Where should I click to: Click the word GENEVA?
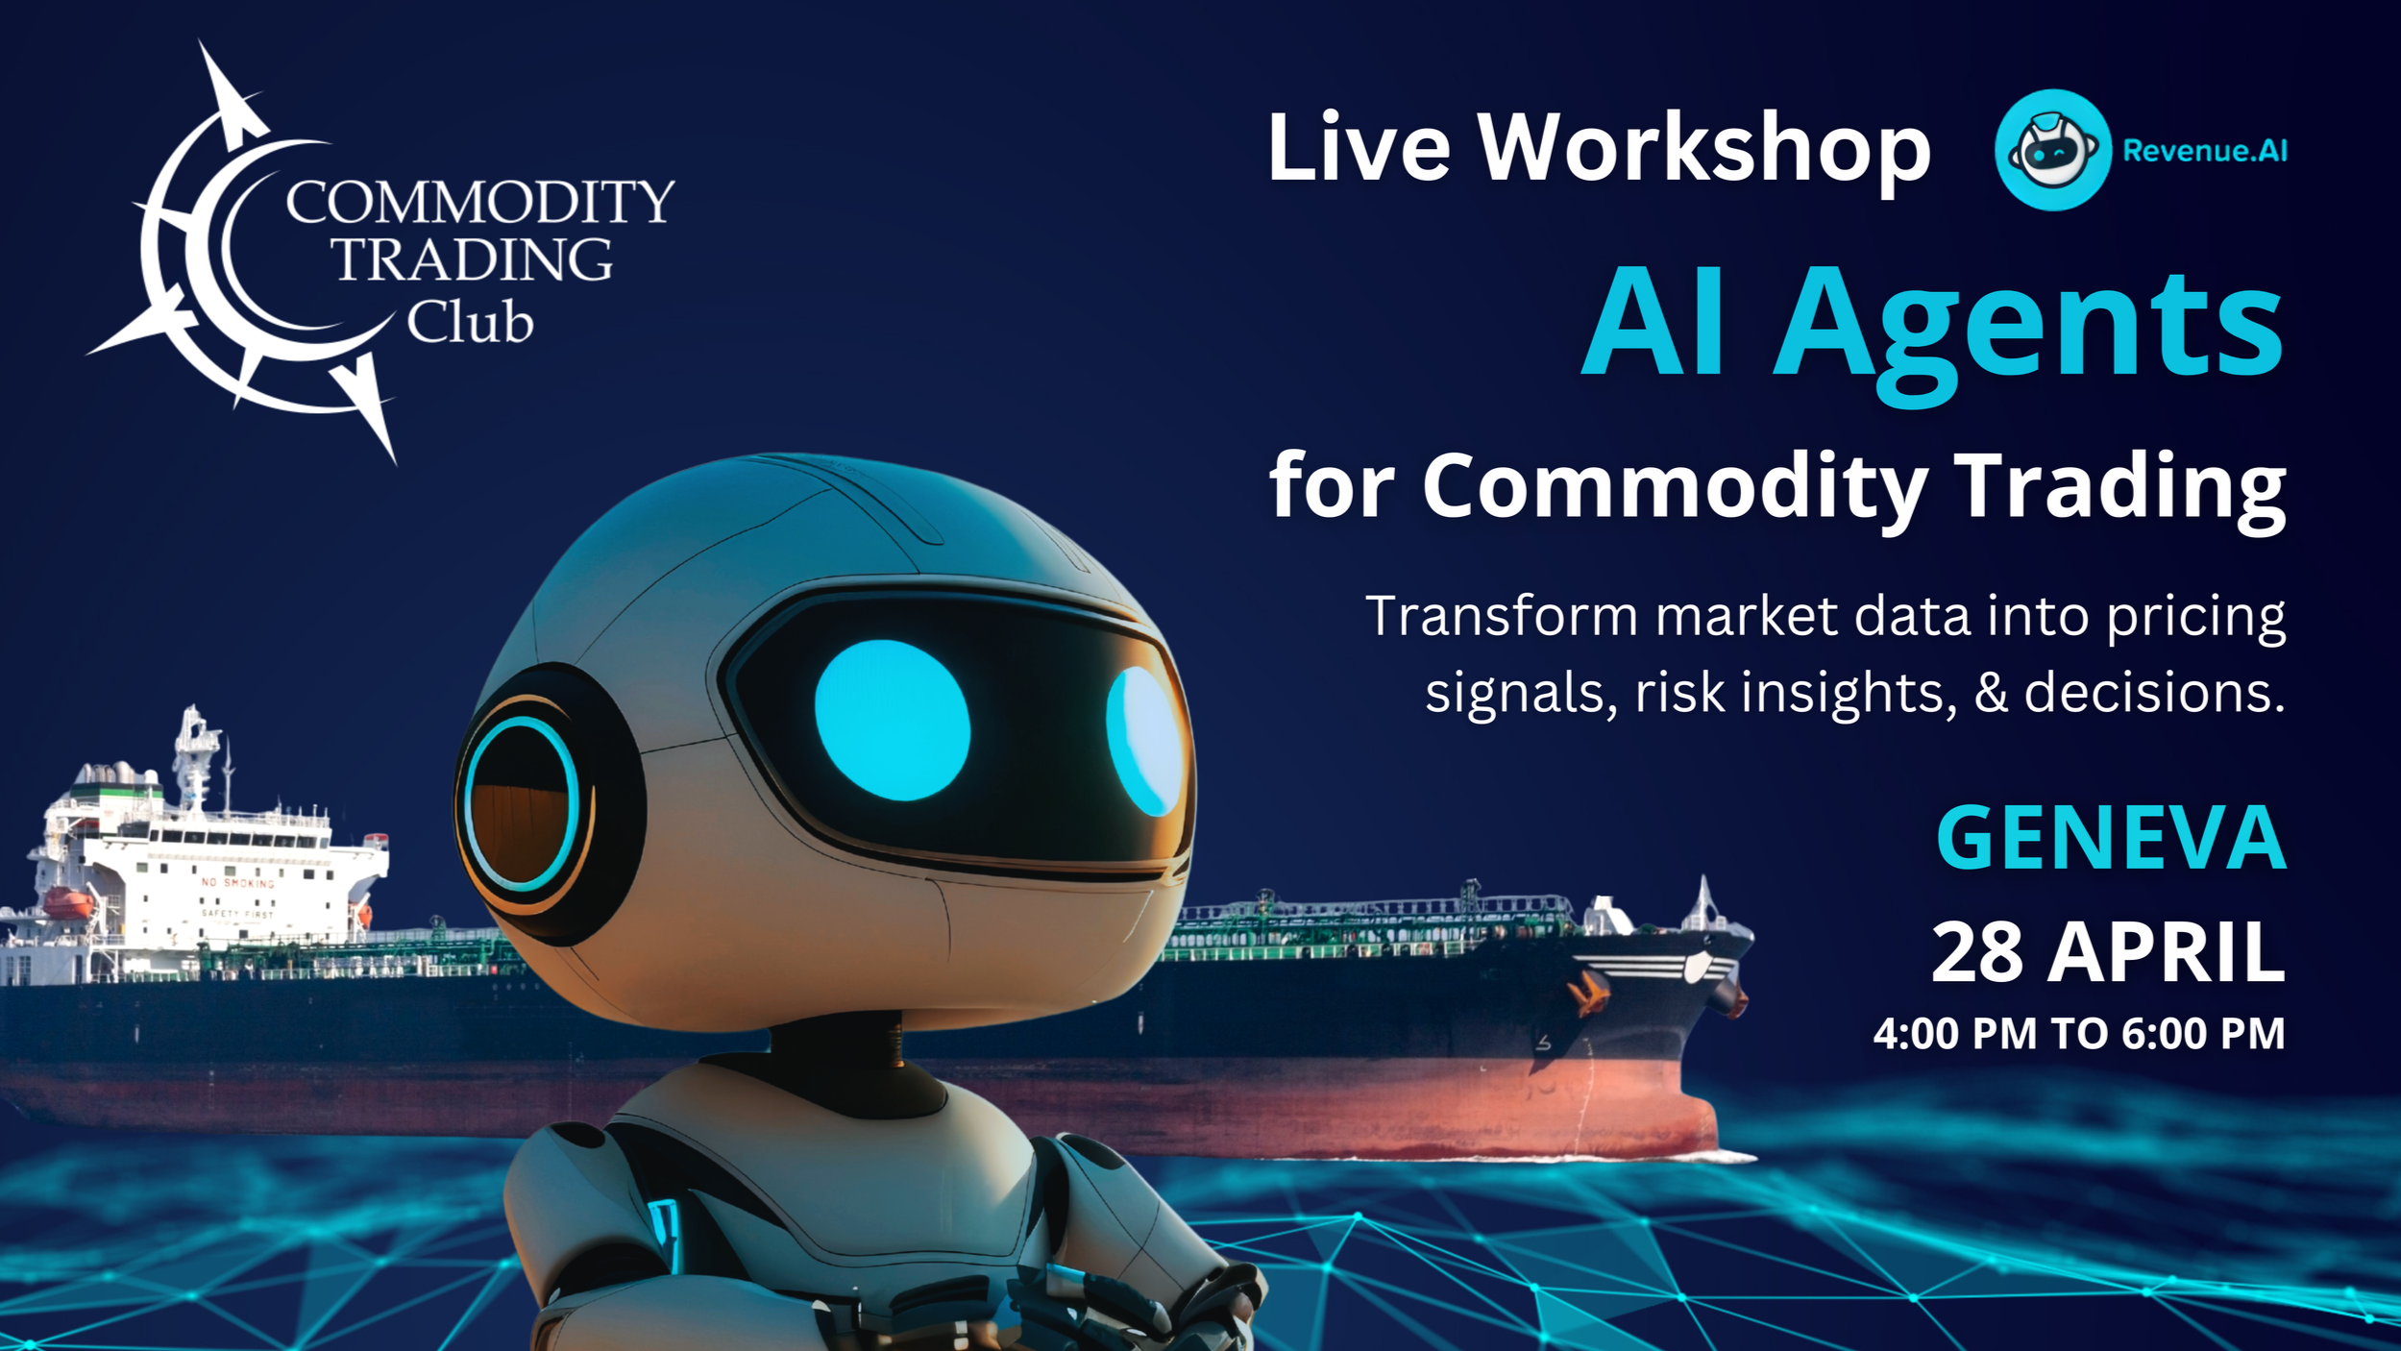click(x=2110, y=838)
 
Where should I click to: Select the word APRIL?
click(x=2166, y=952)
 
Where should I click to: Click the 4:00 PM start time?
click(x=1954, y=1035)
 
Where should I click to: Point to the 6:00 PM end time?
click(x=2203, y=1035)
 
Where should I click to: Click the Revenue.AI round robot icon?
click(x=2052, y=150)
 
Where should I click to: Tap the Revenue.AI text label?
click(x=2204, y=151)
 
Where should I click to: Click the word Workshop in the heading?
click(x=1703, y=149)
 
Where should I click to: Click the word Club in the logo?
click(x=469, y=322)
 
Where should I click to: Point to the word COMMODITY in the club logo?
click(x=480, y=202)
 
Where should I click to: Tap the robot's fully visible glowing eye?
click(x=892, y=720)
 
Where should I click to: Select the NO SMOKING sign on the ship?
click(x=237, y=882)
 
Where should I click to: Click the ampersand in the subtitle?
click(x=1991, y=692)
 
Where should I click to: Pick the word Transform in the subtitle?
click(x=1501, y=616)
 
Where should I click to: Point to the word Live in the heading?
click(x=1359, y=149)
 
